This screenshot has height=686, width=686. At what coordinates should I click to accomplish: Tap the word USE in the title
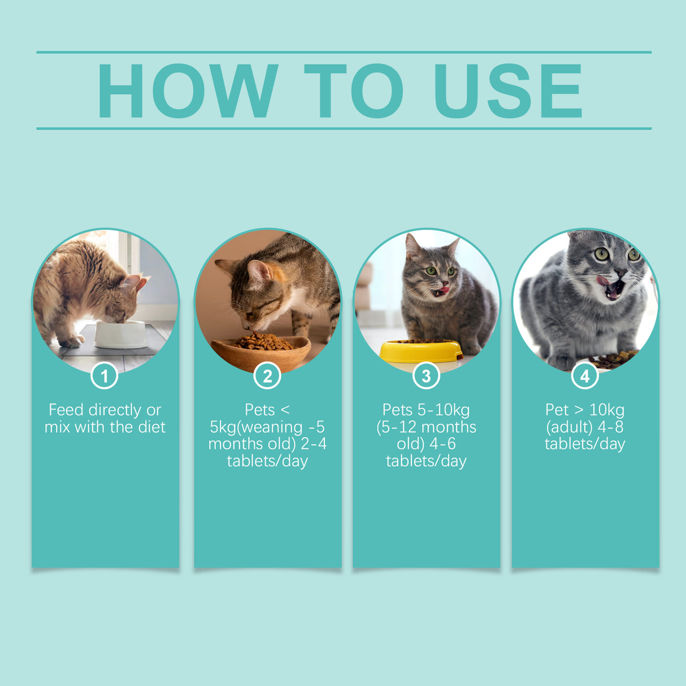[x=507, y=90]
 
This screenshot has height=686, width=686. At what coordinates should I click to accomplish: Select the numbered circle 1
[x=104, y=376]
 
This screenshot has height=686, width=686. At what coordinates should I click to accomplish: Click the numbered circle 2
[x=267, y=376]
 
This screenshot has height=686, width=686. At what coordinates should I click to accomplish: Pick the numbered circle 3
[x=426, y=376]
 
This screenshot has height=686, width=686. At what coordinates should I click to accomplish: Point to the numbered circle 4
[x=585, y=376]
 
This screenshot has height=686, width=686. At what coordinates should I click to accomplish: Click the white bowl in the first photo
[x=120, y=335]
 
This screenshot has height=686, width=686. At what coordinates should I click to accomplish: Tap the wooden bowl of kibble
[x=261, y=350]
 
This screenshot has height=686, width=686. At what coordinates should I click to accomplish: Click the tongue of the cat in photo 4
[x=603, y=280]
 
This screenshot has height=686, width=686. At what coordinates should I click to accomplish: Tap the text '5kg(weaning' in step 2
[x=256, y=427]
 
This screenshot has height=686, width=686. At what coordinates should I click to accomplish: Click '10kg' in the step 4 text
[x=607, y=410]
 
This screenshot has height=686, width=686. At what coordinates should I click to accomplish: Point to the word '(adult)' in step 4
[x=569, y=427]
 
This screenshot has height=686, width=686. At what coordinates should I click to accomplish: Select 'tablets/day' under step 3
[x=426, y=461]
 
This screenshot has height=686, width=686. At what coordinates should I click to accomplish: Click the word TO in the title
[x=354, y=90]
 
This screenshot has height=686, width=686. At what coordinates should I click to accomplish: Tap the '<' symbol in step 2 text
[x=285, y=410]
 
